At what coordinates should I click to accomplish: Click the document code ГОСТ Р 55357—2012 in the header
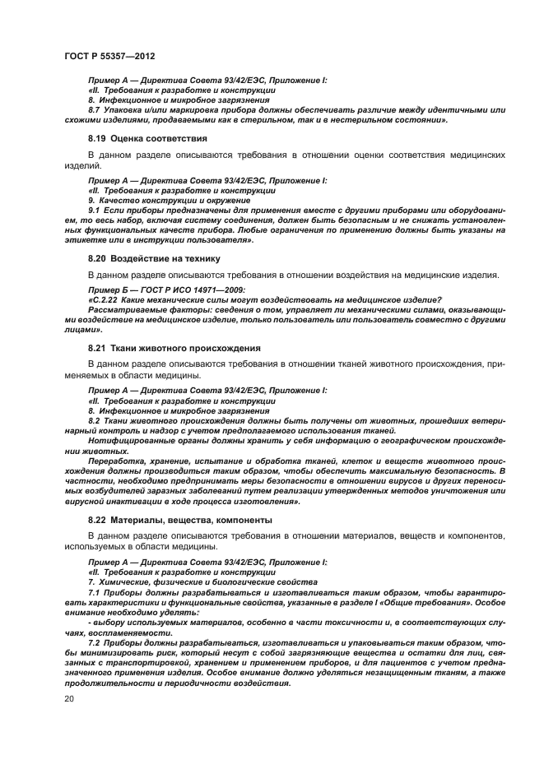tap(109, 54)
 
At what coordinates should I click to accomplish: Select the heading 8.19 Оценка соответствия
tap(146, 138)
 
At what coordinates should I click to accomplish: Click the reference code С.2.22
tap(105, 299)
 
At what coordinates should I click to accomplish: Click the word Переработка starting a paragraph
tap(115, 461)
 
